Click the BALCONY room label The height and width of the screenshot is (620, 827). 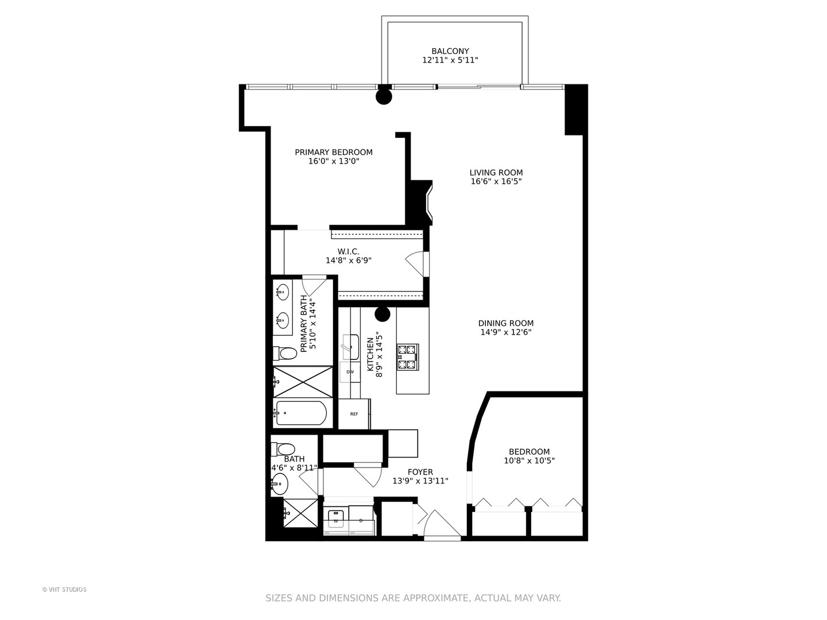coord(450,51)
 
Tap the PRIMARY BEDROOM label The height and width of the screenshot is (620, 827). coord(334,152)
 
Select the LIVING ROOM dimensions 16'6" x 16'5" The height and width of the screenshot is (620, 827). coord(496,181)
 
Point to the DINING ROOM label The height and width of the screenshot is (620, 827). coord(506,323)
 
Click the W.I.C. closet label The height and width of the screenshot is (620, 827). coord(349,251)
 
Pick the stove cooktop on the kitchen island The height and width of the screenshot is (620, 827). coord(408,356)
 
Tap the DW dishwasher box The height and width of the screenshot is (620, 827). coord(350,372)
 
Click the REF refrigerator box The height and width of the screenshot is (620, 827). coord(354,414)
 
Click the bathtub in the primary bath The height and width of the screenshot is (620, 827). coord(301,413)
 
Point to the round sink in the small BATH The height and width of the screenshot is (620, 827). coord(280,484)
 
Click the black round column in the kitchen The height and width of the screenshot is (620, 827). coord(382,314)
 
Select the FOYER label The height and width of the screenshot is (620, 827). coord(420,472)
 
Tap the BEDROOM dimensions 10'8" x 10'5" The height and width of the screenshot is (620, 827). coord(530,460)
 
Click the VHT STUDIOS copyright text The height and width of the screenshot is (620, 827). coord(64,590)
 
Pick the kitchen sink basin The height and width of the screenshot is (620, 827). coord(350,347)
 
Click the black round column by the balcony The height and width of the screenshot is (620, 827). coord(384,96)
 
